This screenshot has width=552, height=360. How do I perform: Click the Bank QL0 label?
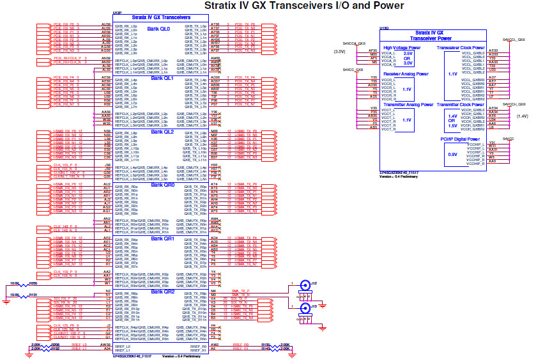pyautogui.click(x=158, y=29)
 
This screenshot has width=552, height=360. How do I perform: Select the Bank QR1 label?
pyautogui.click(x=162, y=239)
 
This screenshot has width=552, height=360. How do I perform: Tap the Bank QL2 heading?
pyautogui.click(x=162, y=132)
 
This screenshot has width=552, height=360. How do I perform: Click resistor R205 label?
pyautogui.click(x=33, y=282)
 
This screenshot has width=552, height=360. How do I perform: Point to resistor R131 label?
pyautogui.click(x=33, y=294)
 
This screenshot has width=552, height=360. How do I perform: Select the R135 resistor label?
pyautogui.click(x=266, y=344)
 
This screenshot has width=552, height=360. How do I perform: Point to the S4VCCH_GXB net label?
pyautogui.click(x=514, y=104)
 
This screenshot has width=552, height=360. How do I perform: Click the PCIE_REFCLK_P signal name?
pyautogui.click(x=66, y=58)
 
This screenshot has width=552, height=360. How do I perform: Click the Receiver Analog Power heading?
pyautogui.click(x=406, y=74)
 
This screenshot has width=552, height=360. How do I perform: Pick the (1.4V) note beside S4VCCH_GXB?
pyautogui.click(x=522, y=116)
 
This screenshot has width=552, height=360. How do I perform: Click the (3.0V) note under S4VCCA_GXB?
pyautogui.click(x=339, y=52)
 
